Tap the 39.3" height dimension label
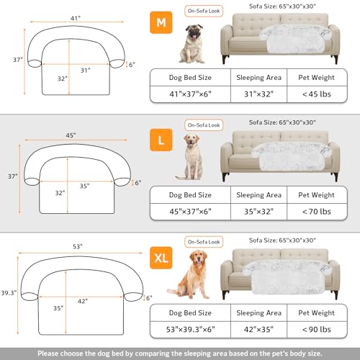[9, 293]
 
